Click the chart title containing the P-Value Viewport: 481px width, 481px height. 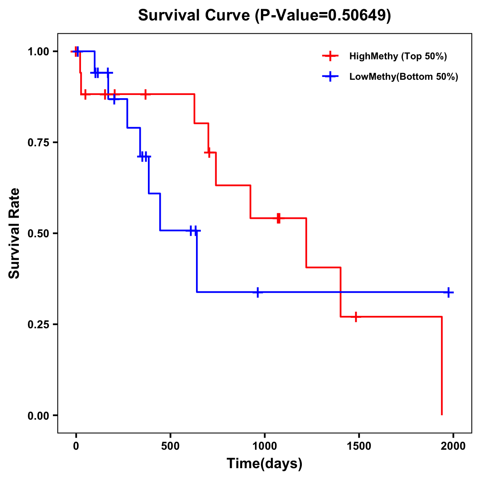click(264, 16)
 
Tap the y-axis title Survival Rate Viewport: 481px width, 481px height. click(14, 233)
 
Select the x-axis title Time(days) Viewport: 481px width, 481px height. click(265, 463)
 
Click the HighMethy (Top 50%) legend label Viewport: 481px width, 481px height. click(398, 56)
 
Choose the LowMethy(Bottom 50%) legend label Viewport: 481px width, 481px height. click(404, 77)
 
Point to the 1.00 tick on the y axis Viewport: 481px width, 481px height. click(38, 52)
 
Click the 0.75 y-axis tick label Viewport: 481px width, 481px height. click(38, 143)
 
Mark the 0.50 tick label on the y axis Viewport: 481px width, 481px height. click(38, 234)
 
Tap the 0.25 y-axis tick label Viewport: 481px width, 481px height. click(38, 325)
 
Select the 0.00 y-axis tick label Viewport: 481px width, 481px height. click(38, 416)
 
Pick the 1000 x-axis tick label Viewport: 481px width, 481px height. click(265, 446)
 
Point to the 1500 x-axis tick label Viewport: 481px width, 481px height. click(359, 446)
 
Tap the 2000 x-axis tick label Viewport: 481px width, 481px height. click(453, 446)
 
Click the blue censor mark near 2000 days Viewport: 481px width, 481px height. click(449, 292)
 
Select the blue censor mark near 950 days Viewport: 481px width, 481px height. click(258, 292)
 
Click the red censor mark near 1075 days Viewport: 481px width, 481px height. click(279, 218)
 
